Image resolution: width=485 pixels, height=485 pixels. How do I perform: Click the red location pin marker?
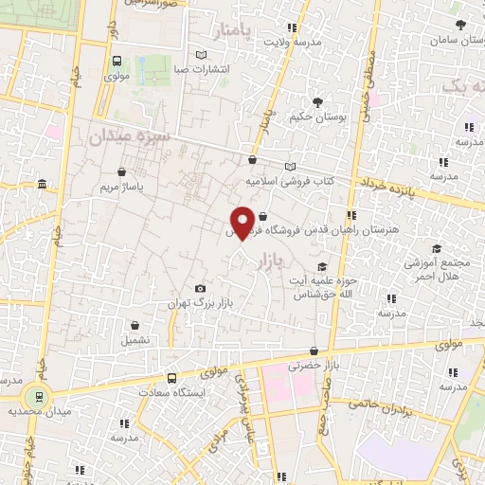click(243, 223)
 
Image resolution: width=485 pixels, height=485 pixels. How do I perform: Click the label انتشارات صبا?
click(201, 68)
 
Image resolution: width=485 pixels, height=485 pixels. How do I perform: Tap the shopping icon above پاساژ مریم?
click(121, 171)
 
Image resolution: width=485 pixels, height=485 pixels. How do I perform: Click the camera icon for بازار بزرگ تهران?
click(200, 288)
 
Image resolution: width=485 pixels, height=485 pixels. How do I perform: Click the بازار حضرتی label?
click(314, 365)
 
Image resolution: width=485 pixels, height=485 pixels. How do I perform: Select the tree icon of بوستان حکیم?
click(316, 102)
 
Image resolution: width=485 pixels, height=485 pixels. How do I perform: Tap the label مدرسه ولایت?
click(293, 42)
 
